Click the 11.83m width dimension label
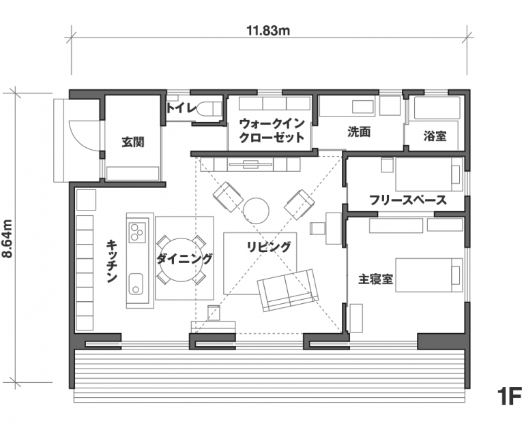coord(268,31)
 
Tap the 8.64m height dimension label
coord(7,238)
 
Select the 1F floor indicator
coord(509,396)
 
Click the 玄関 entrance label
coord(132,142)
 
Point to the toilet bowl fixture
coord(209,108)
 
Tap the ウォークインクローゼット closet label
coord(272,130)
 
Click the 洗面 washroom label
coord(359,132)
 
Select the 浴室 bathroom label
coord(435,136)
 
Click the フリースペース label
coord(408,200)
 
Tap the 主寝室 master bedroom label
coord(375,279)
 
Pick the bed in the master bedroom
coord(429,275)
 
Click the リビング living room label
coord(269,247)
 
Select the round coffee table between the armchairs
coord(256,211)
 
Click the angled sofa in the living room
coord(288,290)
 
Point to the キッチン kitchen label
coord(112,261)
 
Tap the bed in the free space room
coord(429,174)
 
